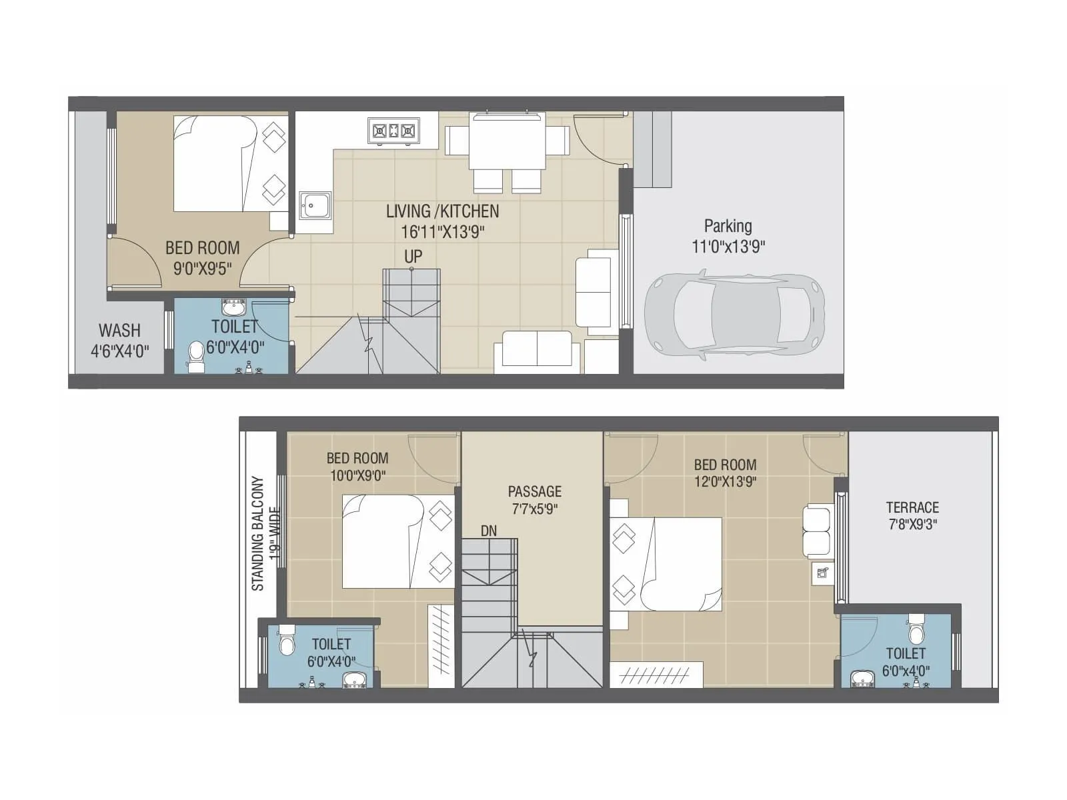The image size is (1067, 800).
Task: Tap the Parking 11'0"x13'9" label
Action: click(x=728, y=236)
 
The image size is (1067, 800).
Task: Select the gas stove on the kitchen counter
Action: click(x=393, y=131)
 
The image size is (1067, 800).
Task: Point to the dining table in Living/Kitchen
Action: click(x=507, y=142)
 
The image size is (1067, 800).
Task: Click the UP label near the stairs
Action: click(x=413, y=257)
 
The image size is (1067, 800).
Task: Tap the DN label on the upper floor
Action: click(x=488, y=531)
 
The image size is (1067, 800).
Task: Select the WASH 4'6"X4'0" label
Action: click(x=119, y=340)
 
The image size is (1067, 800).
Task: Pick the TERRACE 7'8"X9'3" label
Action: click(x=912, y=515)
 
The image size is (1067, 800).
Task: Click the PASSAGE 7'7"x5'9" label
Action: click(x=534, y=500)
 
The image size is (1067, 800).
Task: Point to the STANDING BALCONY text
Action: click(x=258, y=533)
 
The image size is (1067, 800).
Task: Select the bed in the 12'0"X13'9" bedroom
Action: click(x=674, y=564)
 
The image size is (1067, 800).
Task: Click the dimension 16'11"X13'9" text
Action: click(x=442, y=232)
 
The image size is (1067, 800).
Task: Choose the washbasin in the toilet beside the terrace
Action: click(x=863, y=679)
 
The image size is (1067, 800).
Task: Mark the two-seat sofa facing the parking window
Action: click(x=593, y=292)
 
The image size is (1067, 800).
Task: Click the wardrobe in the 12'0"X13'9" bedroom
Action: click(x=656, y=674)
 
